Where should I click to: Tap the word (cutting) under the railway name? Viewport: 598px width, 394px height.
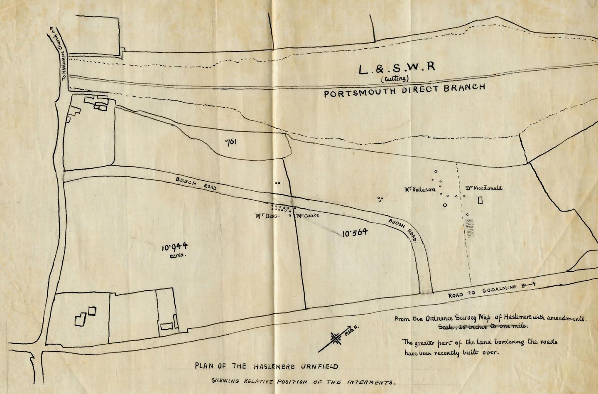coord(395,79)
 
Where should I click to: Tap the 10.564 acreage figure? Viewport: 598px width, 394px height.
coord(355,233)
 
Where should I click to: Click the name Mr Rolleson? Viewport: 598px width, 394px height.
coord(420,189)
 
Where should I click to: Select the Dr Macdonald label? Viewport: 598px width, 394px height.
coord(483,188)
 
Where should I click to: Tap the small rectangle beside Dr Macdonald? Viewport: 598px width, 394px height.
coord(480,201)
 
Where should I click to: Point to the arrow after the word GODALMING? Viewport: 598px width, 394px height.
coord(528,285)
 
